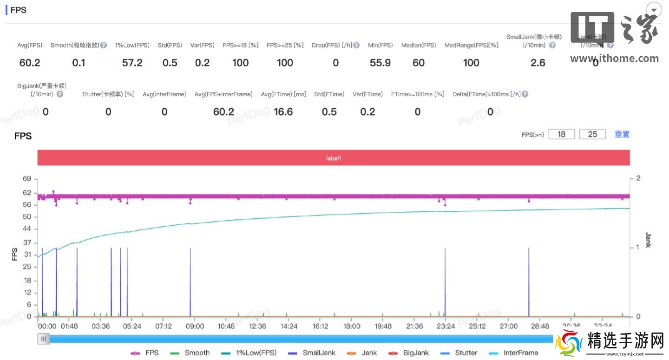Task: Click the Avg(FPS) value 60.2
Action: pos(30,63)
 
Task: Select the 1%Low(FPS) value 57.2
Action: pos(132,63)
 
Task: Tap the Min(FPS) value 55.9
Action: pos(380,63)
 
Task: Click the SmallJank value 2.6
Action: pos(538,63)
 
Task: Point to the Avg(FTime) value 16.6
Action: pos(283,111)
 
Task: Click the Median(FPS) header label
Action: pos(419,45)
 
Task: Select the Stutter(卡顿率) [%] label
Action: pos(108,94)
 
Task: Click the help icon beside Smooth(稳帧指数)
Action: pos(104,46)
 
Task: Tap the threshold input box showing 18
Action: pos(561,134)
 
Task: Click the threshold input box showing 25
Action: pos(592,134)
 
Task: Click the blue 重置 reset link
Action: pos(622,134)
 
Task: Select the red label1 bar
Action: pos(334,158)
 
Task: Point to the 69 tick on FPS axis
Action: pos(27,179)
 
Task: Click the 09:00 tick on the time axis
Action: pos(195,326)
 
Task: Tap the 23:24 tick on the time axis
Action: pos(446,326)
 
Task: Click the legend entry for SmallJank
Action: pos(312,353)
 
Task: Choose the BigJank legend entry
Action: pos(409,353)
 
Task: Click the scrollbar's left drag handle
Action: pos(44,339)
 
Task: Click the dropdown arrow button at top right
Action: pos(654,10)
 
